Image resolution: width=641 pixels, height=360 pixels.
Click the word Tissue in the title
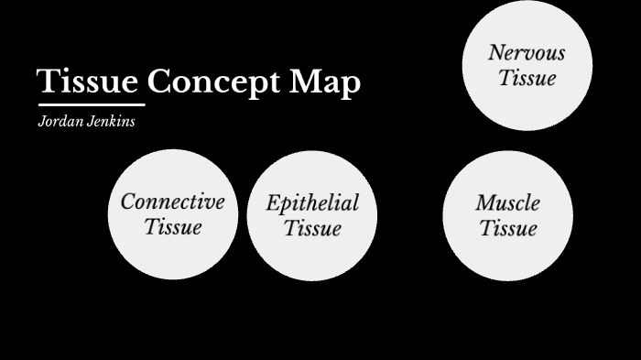[88, 82]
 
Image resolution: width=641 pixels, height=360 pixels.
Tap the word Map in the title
[325, 82]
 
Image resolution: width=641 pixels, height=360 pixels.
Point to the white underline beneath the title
[91, 104]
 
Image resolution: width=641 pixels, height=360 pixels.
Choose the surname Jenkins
[111, 122]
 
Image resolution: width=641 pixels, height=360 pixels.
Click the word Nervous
[527, 52]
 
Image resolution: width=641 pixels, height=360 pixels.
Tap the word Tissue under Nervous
[527, 78]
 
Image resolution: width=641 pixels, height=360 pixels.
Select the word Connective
[172, 202]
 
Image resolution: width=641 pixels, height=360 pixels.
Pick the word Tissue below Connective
[172, 226]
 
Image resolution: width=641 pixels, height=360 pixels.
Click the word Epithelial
[312, 202]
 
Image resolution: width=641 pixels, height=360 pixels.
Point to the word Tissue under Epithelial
[312, 228]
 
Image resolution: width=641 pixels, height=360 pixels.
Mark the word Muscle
[507, 202]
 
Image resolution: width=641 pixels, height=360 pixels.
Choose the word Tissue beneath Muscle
[507, 227]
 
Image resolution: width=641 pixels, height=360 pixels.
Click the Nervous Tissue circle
[527, 101]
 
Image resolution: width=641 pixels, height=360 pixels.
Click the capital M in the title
[305, 82]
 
